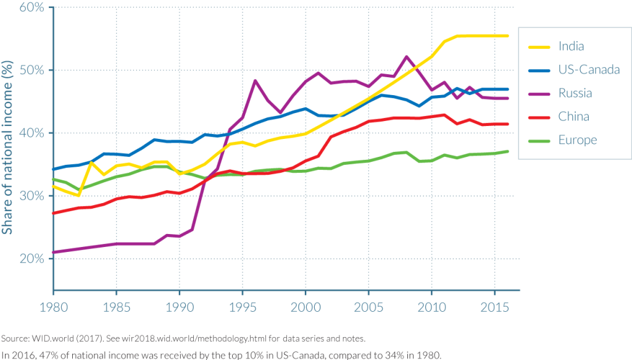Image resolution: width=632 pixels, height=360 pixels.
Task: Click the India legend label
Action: point(571,46)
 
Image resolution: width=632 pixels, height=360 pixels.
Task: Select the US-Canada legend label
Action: point(589,70)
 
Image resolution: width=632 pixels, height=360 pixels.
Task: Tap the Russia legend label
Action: point(575,93)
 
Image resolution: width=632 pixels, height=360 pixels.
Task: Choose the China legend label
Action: point(573,117)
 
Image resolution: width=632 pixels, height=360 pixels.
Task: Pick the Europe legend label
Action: point(578,140)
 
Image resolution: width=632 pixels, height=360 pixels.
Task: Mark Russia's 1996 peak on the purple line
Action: point(255,80)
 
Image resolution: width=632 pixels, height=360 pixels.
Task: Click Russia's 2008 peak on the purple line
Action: point(406,57)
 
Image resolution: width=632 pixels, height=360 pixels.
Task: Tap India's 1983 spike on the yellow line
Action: point(91,162)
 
